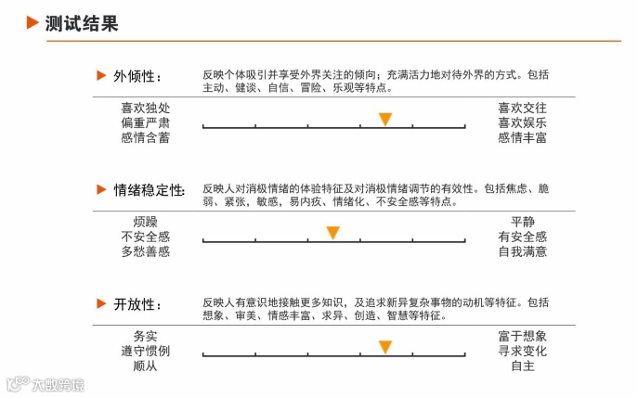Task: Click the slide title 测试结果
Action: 82,23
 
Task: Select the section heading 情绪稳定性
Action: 149,189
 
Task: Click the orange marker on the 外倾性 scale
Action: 384,120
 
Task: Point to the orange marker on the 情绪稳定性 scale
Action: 332,233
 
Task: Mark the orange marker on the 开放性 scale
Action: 384,347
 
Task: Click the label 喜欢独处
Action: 145,108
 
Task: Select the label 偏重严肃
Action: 145,122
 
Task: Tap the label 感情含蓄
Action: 145,137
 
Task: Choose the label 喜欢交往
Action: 522,108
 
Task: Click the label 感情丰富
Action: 522,137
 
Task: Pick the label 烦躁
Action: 145,222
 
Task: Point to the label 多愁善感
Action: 145,251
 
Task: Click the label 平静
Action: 522,222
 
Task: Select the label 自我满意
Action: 522,251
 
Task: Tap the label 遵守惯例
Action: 145,351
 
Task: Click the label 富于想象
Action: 522,336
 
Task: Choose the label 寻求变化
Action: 522,351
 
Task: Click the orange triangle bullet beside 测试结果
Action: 32,23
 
